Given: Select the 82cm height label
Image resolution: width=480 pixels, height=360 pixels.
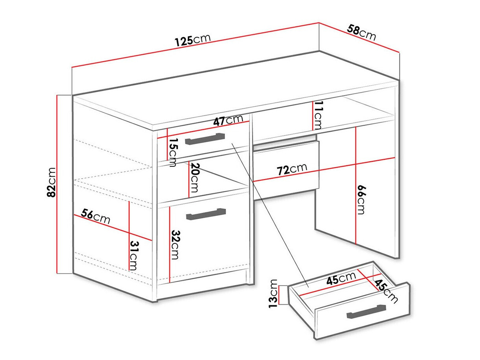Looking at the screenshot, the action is tap(51, 183).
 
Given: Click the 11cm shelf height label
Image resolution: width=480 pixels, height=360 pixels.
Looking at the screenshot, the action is tap(318, 115).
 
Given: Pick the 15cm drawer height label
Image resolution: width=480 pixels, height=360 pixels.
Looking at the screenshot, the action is tap(173, 152).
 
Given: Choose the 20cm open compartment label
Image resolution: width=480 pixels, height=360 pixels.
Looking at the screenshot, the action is tap(194, 177).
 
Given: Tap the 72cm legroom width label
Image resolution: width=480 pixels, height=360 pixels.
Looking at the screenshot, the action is tap(292, 169).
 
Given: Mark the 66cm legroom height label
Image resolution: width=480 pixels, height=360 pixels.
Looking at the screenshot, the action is tap(361, 200).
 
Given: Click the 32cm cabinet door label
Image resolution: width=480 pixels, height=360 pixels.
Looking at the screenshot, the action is tap(175, 245).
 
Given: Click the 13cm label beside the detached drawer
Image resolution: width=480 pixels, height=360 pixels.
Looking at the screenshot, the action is tap(273, 293).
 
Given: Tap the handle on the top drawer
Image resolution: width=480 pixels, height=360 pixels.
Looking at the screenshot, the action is tap(205, 139).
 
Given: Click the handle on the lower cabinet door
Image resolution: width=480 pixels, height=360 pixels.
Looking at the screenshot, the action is tap(206, 214).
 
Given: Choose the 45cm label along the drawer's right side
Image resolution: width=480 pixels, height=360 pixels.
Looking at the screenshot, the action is tap(386, 292).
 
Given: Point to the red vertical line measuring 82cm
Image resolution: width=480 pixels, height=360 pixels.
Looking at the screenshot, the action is tap(57, 184).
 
